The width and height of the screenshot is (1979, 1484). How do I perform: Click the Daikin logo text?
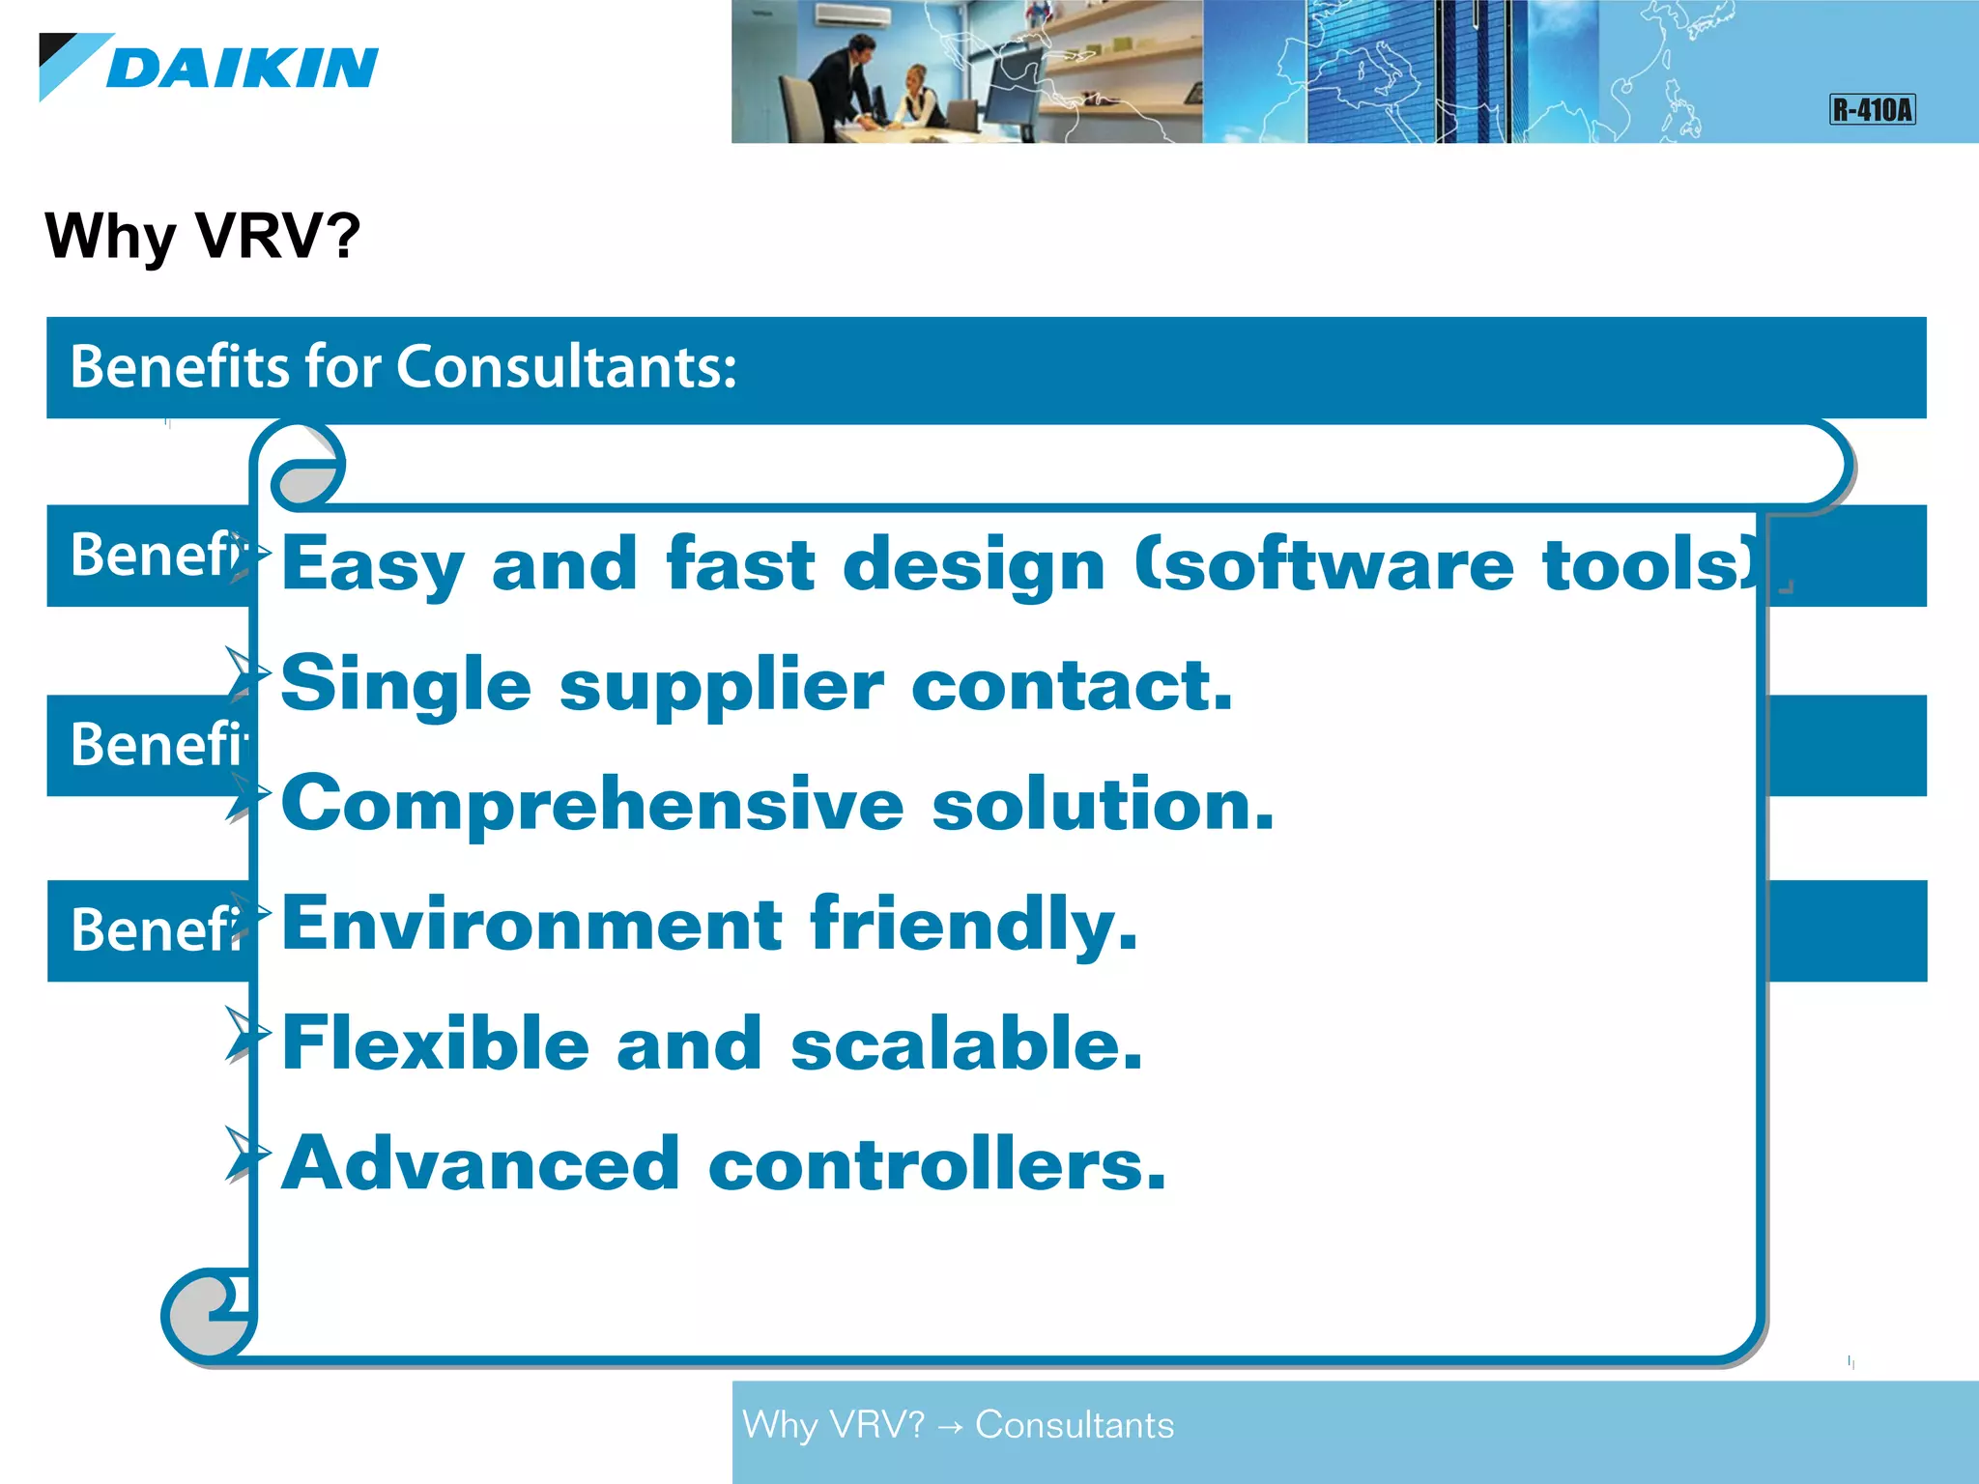click(242, 68)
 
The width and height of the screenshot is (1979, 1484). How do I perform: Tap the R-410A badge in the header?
click(1872, 109)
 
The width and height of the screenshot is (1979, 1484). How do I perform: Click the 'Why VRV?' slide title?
click(202, 236)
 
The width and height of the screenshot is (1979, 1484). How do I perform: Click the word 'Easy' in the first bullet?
click(373, 565)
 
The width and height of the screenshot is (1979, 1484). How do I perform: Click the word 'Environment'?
click(531, 924)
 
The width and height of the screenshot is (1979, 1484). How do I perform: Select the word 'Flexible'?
click(436, 1043)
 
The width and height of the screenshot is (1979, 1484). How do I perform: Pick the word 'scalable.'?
click(966, 1043)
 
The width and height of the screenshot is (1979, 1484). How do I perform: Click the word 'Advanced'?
click(481, 1163)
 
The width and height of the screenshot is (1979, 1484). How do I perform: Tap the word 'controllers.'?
click(937, 1163)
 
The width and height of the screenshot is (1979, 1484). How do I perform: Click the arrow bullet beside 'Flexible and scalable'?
click(245, 1034)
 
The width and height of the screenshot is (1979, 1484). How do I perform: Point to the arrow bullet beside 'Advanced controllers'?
click(245, 1154)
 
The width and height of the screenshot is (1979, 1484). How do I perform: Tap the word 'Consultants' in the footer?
click(1075, 1425)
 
